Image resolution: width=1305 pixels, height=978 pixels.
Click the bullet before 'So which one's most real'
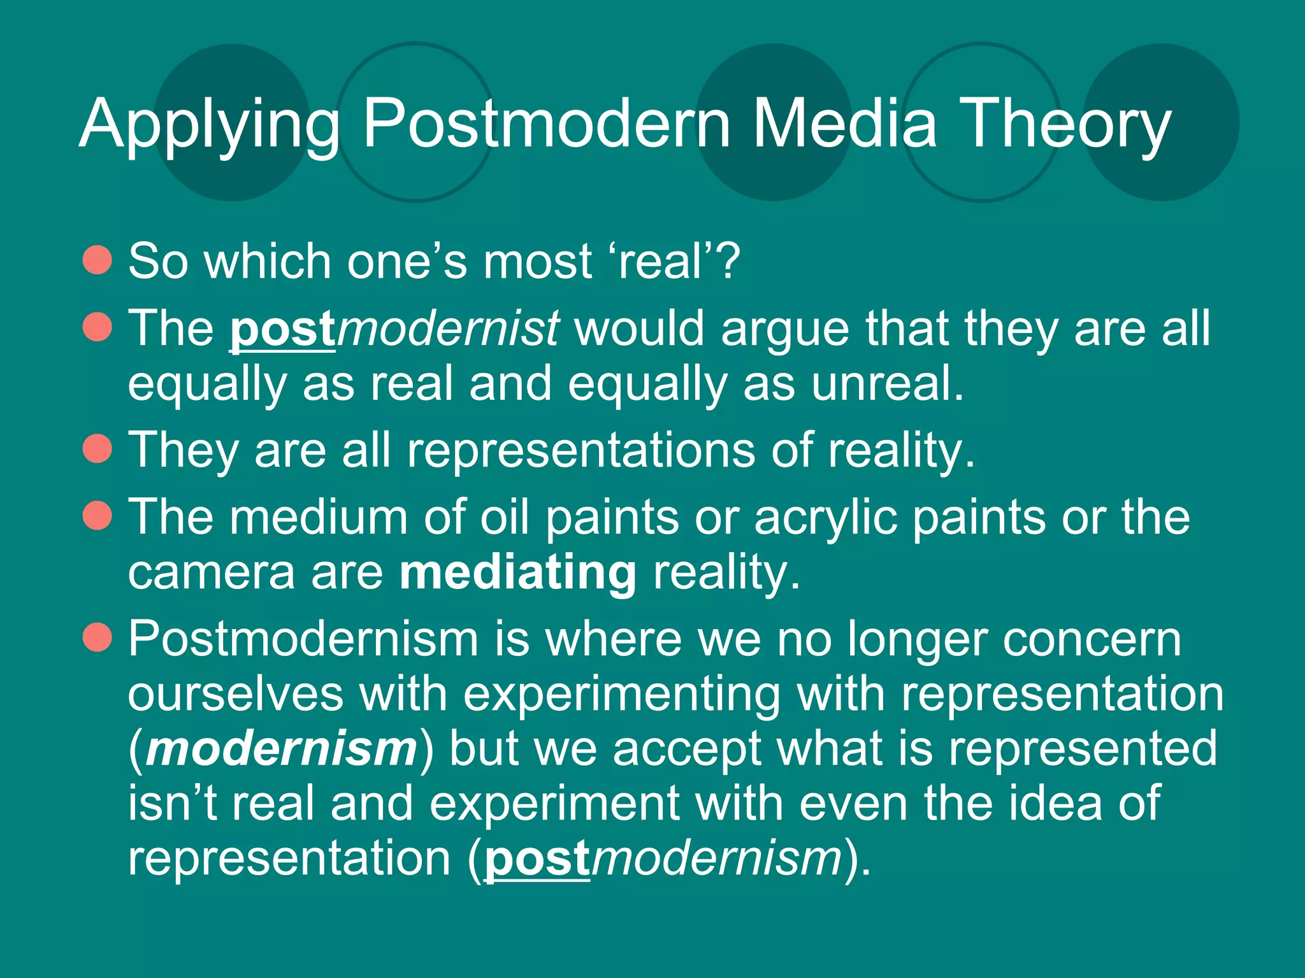pos(97,260)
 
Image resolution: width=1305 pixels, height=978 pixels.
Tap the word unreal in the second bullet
pos(886,384)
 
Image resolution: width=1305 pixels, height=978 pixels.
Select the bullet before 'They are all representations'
pos(97,448)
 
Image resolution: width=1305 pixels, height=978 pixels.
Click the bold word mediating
pos(517,572)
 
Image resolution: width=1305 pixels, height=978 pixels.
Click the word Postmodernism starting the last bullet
pos(303,639)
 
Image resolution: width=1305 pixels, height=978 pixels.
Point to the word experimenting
pos(621,695)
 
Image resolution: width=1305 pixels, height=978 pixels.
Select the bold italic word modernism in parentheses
pos(281,749)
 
